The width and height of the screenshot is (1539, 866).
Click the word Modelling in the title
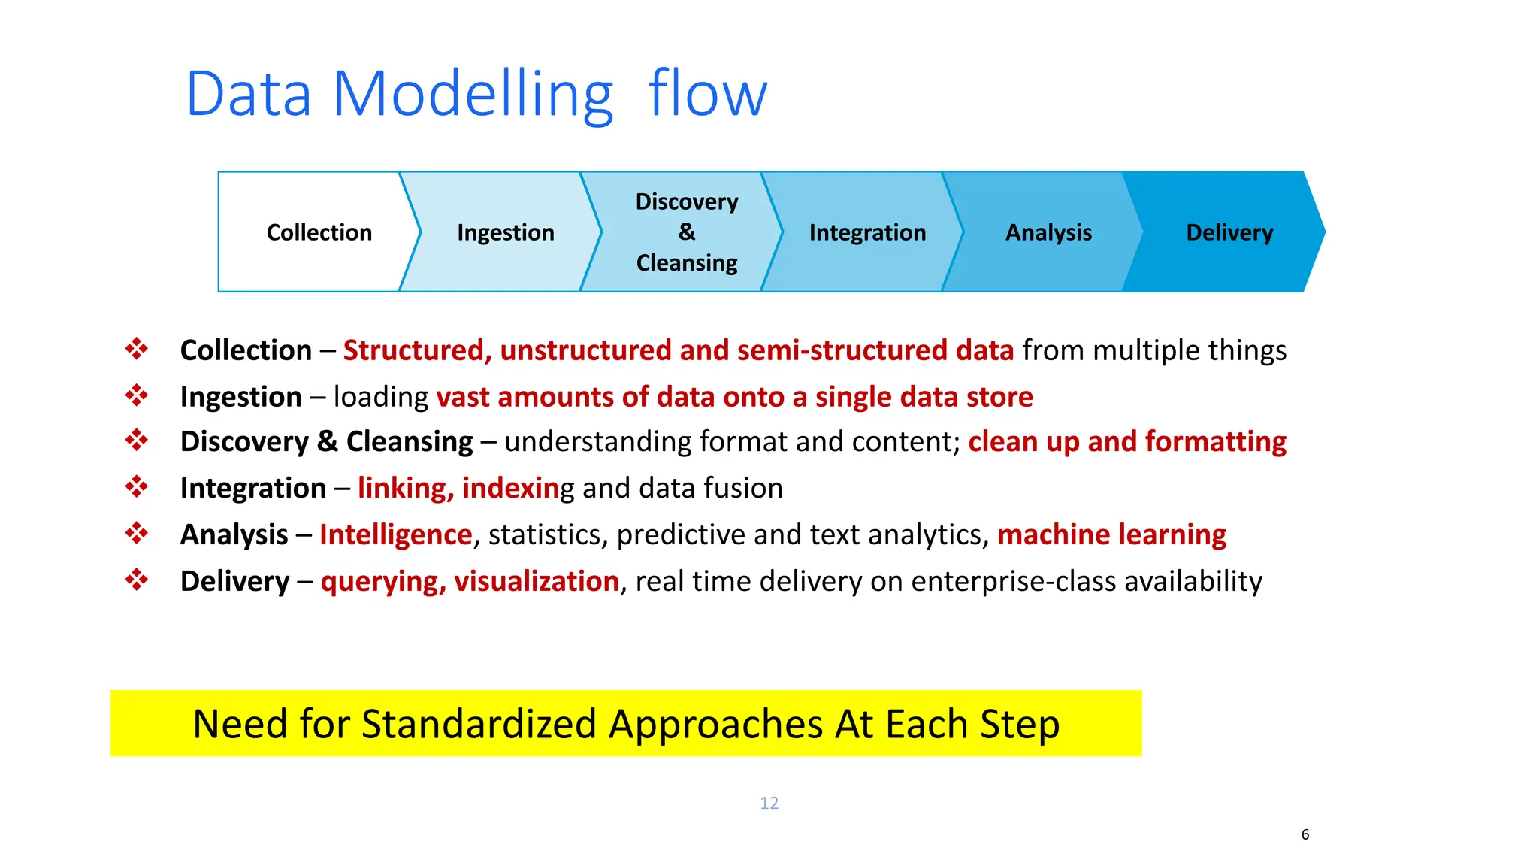(473, 95)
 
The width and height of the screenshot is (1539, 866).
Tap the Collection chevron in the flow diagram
(319, 232)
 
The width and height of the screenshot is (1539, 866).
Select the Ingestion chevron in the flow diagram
(505, 232)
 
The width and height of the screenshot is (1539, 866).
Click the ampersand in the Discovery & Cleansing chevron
(687, 232)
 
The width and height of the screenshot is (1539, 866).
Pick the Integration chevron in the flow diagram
(867, 232)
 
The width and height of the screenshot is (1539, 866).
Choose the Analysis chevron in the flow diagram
(1048, 232)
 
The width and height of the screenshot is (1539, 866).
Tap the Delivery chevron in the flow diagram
(1229, 232)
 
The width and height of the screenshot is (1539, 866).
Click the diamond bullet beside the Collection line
(137, 349)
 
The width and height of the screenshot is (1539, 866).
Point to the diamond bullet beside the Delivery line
(137, 580)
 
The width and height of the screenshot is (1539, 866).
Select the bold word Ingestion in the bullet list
(240, 397)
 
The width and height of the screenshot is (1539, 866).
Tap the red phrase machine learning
(1111, 534)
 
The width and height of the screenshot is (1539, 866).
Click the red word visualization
(536, 581)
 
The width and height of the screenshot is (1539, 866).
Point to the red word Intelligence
(395, 534)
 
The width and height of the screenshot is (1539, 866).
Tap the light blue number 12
(769, 803)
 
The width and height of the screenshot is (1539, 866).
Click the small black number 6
(1305, 834)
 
